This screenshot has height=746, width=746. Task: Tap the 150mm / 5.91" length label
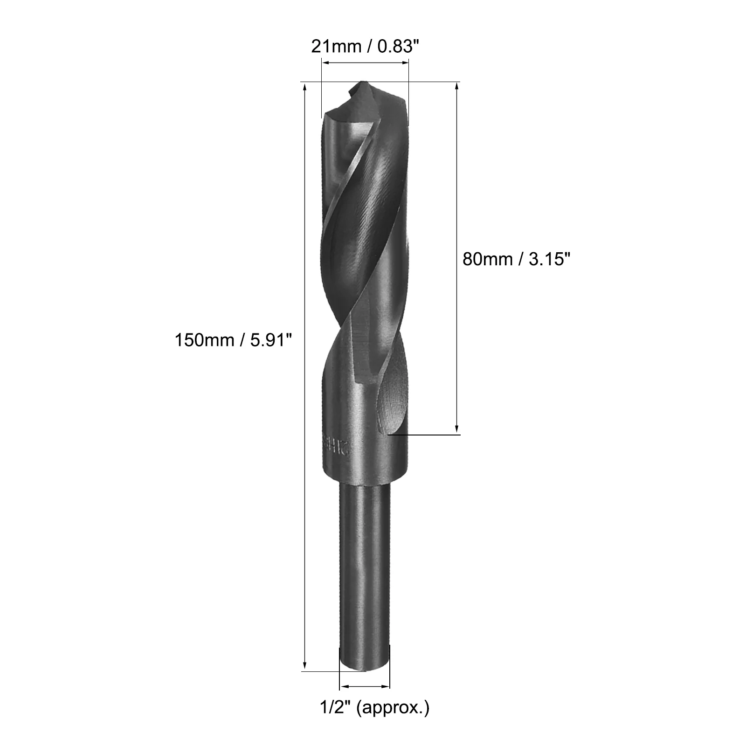233,340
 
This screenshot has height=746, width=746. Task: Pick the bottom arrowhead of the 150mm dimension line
305,665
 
